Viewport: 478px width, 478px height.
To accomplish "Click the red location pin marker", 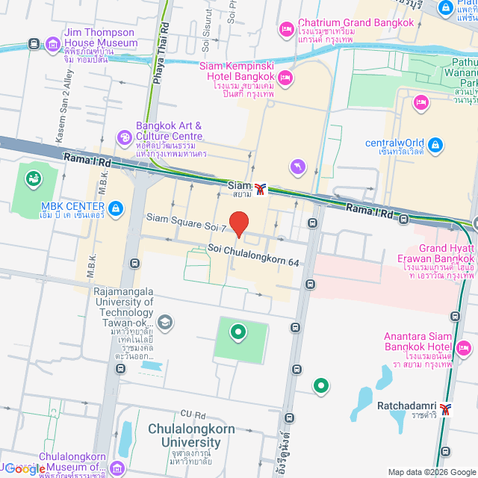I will tap(238, 223).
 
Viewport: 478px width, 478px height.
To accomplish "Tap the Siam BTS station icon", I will tap(259, 189).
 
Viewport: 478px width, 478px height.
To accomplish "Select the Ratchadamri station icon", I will tap(447, 409).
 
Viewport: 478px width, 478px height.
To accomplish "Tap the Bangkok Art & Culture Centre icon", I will tap(124, 137).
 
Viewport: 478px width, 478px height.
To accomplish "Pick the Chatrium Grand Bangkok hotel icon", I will tap(287, 28).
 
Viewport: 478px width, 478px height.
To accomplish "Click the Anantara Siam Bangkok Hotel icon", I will tap(463, 347).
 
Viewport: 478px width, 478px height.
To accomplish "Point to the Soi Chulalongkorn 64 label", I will tap(253, 256).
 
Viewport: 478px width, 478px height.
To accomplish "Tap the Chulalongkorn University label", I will tap(191, 435).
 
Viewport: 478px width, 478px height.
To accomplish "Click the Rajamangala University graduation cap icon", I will tap(165, 323).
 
